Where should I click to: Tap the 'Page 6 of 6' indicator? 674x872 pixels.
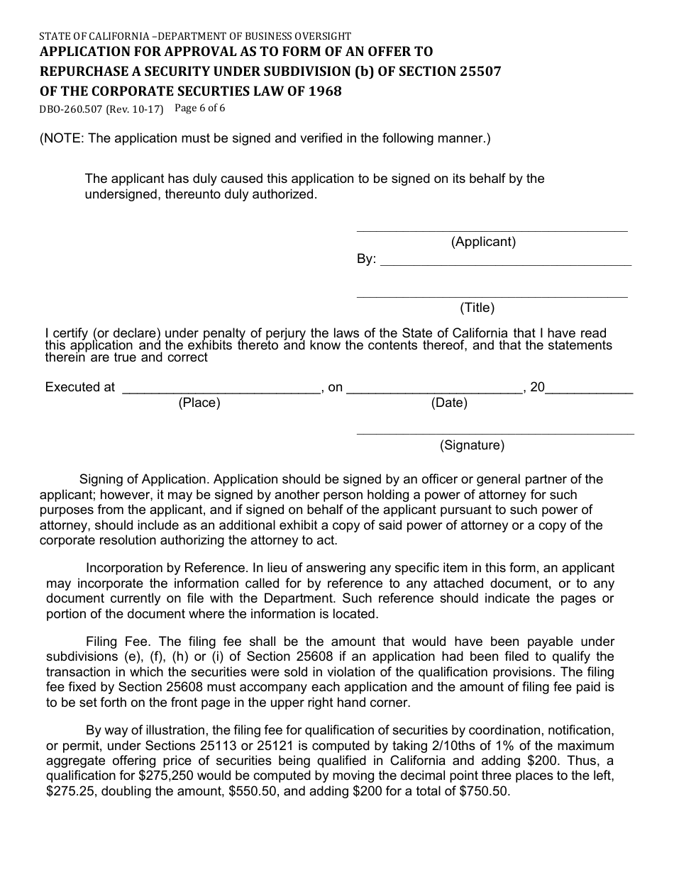click(x=199, y=108)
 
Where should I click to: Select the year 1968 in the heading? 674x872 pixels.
click(x=324, y=91)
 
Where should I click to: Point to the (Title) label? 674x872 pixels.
click(x=477, y=308)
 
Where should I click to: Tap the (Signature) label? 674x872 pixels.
click(x=472, y=445)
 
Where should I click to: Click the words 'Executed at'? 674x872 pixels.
click(x=79, y=387)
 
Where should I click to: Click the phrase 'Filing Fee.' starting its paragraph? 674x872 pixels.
click(x=116, y=642)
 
